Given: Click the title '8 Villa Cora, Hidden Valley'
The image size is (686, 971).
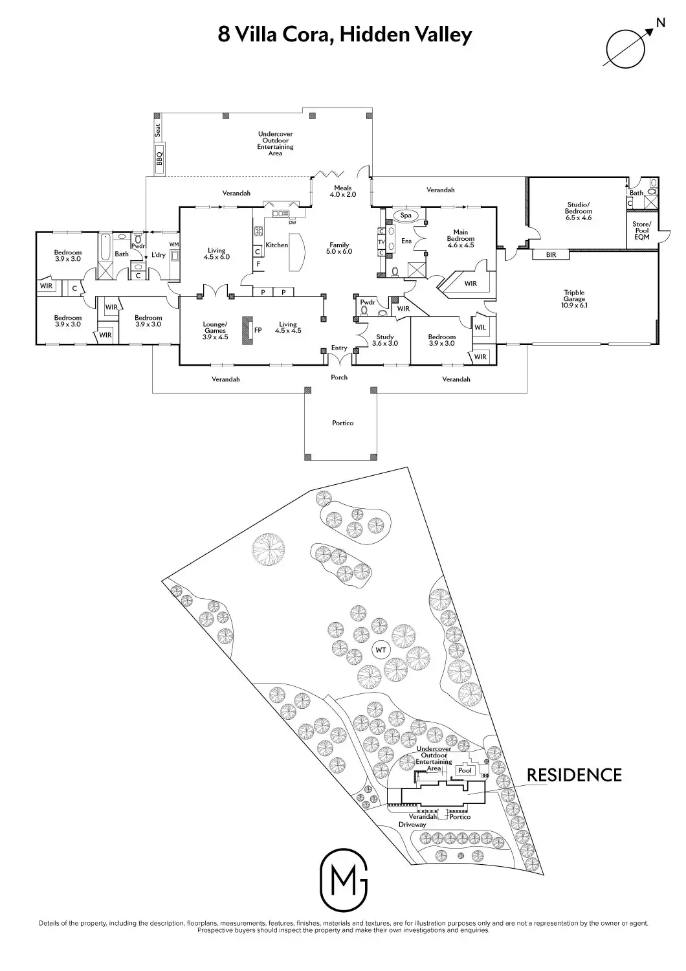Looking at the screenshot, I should point(345,34).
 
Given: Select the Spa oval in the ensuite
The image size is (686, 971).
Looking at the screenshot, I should point(406,216).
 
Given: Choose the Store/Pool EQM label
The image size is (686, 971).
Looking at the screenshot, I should point(641,230).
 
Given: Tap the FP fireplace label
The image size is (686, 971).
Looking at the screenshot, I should point(258,330).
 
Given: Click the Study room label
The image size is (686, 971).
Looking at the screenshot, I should point(385,340).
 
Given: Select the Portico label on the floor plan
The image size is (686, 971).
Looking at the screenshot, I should point(342,423).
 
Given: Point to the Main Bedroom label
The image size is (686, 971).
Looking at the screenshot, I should point(460,238).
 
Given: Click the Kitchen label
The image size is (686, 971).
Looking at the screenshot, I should point(276,245).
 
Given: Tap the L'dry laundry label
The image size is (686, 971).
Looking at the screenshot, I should point(159,254).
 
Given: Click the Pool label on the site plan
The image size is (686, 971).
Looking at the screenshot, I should point(465,770).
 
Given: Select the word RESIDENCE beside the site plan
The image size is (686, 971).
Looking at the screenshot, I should point(574,775).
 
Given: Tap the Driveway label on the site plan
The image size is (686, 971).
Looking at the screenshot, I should point(412,825).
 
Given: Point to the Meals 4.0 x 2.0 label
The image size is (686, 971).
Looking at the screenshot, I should point(343,191).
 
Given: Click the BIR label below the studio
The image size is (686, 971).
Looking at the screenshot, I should point(551,255).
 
